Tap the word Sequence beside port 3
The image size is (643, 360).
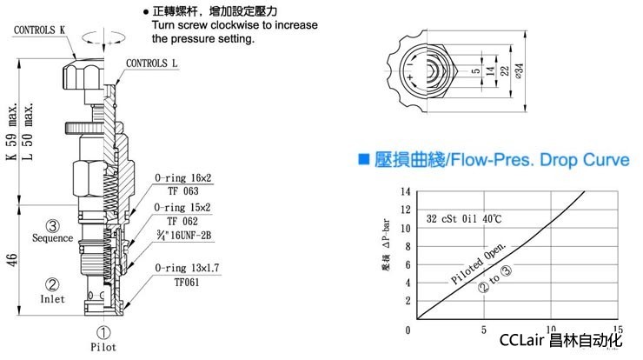tap(52, 237)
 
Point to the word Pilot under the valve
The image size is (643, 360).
tap(103, 345)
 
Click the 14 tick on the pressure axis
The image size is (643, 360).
tap(403, 190)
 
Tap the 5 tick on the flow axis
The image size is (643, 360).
tap(484, 331)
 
